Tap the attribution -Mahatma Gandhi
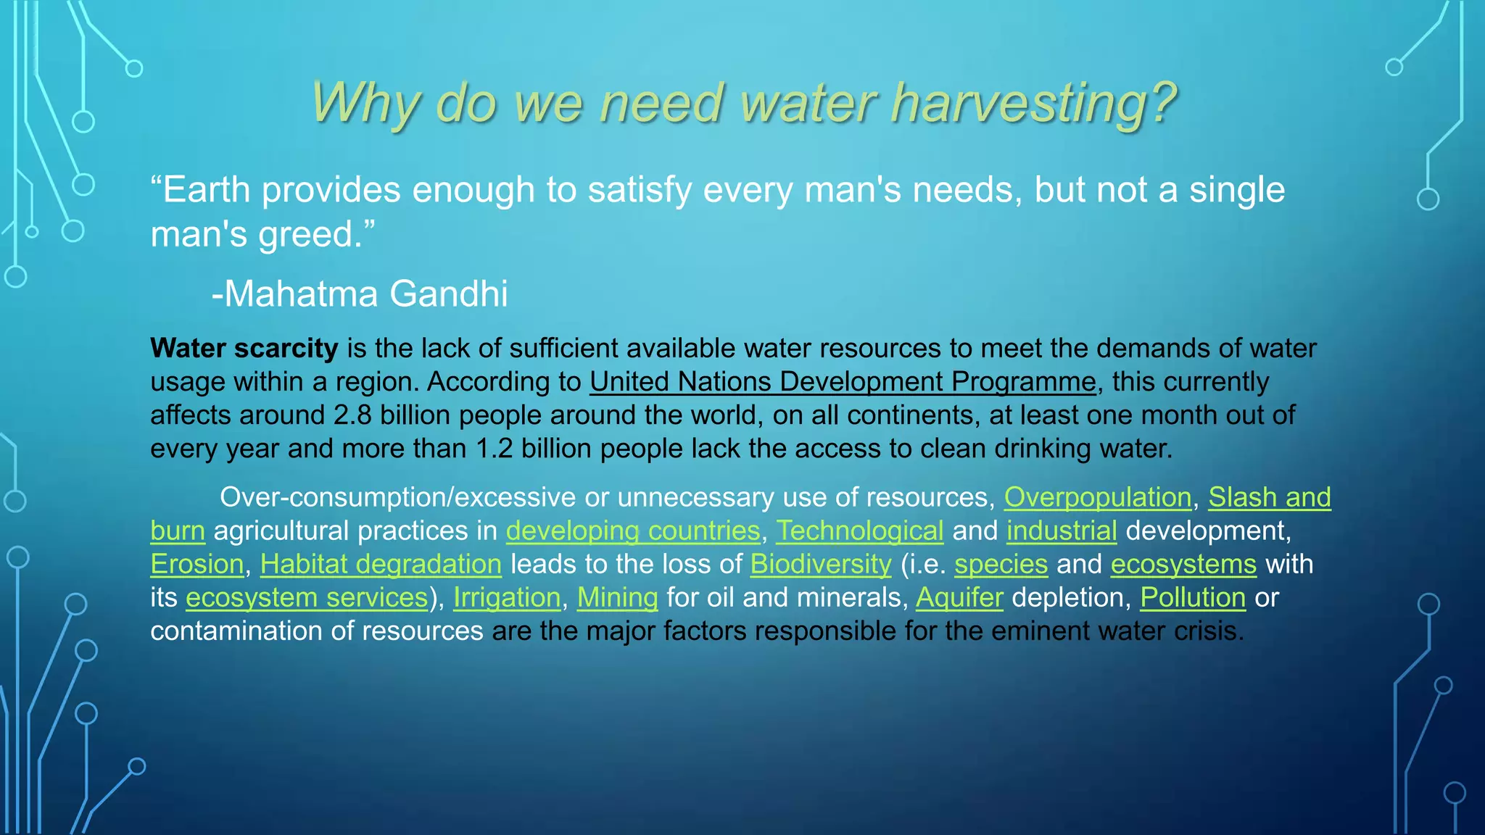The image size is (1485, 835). coord(360,294)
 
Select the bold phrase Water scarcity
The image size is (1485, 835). coord(244,349)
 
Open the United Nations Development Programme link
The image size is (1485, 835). coord(843,382)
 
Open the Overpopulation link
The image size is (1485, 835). coord(1097,497)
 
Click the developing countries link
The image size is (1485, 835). coord(632,531)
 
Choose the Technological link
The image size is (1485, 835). coord(859,531)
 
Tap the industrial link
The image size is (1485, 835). coord(1061,531)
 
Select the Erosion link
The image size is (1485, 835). coord(197,564)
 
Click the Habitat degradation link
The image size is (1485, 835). coord(381,564)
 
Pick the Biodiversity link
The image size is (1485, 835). coord(820,564)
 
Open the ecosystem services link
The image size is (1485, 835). coord(307,597)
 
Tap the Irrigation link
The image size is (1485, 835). coord(507,597)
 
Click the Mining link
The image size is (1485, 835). coord(617,597)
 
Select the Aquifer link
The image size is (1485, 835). coord(959,597)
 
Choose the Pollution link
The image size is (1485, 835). coord(1192,597)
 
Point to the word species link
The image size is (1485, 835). coord(1001,564)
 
